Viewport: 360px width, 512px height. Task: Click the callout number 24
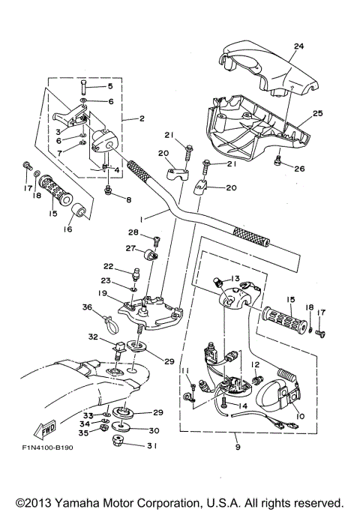coord(298,46)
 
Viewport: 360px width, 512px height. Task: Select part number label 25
coord(317,113)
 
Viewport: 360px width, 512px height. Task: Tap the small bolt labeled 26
coord(279,158)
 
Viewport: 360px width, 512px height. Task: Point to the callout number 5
coord(109,87)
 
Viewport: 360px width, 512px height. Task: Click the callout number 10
coord(301,416)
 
